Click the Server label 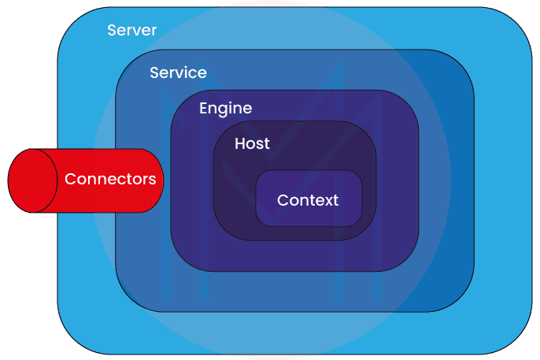coord(131,31)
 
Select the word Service coord(178,73)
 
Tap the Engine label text coord(225,109)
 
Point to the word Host coord(252,144)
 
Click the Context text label coord(308,200)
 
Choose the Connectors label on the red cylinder coord(110,180)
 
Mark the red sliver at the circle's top coord(269,3)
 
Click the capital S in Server coord(112,31)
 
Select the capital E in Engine coord(203,109)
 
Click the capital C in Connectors coord(70,180)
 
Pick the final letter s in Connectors coord(152,180)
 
